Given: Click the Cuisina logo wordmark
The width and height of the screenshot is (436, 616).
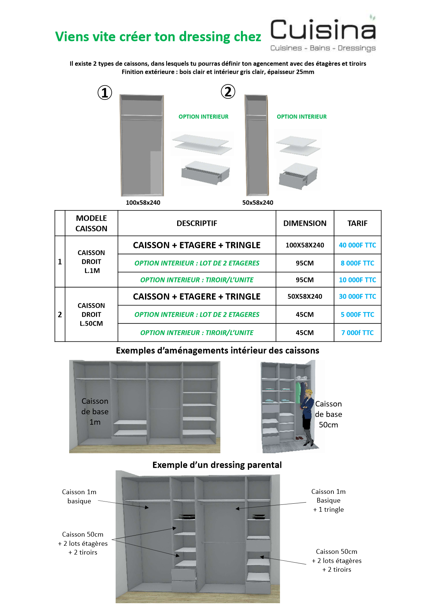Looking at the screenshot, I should [323, 30].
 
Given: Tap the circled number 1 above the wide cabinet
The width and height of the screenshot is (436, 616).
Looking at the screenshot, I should [105, 93].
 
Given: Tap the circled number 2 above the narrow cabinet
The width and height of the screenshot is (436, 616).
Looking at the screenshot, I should [228, 91].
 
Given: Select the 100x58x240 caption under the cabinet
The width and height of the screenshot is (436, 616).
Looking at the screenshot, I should [143, 203].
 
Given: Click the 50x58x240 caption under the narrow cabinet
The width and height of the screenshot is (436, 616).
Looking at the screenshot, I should [258, 203].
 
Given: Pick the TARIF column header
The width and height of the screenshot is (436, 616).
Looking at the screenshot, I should [357, 223].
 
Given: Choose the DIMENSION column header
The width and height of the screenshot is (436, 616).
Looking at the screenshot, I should [305, 223].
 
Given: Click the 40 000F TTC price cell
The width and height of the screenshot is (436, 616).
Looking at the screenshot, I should [357, 245].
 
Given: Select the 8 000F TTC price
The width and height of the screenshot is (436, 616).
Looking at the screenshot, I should [357, 263].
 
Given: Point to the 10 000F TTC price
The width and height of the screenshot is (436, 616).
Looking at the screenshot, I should [357, 280].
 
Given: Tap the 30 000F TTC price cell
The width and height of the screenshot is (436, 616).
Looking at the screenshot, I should [357, 296].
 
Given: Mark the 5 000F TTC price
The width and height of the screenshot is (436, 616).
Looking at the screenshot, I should [357, 315].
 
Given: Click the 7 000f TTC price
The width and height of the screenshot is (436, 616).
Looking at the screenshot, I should [357, 333].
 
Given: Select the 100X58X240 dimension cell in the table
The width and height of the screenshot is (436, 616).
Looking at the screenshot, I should [305, 245].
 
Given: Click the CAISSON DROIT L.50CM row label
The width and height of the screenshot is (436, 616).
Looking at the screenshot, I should [91, 315].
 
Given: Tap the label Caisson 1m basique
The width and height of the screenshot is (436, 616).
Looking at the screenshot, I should [79, 496].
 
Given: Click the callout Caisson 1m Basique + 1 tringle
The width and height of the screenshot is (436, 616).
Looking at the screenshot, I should [328, 500].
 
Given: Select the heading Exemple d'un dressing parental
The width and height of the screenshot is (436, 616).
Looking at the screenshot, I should [217, 465].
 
